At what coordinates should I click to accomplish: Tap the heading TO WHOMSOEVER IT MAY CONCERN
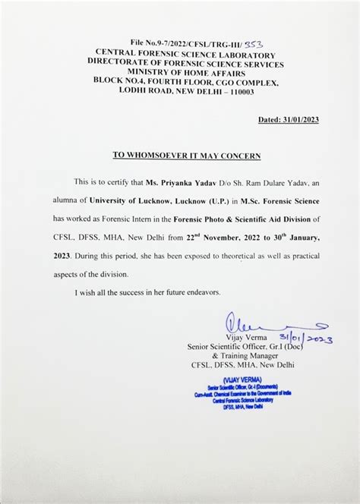pos(187,155)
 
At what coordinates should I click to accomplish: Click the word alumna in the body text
pos(90,200)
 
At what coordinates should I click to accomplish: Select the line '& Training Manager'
pos(250,356)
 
